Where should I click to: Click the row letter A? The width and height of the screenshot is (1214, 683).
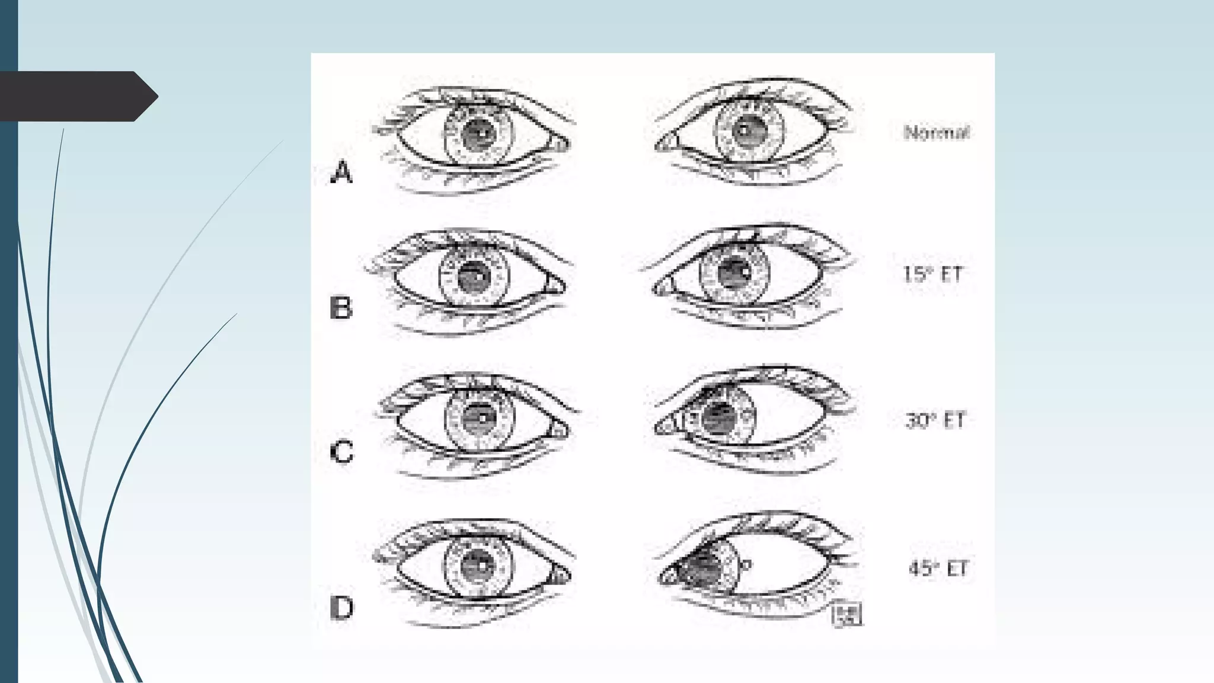point(341,173)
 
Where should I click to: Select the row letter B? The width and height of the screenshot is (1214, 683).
point(341,308)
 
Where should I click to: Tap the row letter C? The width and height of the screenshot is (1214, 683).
point(341,452)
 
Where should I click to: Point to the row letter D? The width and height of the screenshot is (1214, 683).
point(341,608)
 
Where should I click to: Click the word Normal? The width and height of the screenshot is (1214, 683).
point(937,132)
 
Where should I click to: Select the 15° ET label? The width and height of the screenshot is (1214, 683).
point(932,274)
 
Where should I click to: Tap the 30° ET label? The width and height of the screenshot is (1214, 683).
point(935,420)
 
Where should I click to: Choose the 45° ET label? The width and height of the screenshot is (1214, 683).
point(938,569)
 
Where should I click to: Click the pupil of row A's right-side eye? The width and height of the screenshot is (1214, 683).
point(747,131)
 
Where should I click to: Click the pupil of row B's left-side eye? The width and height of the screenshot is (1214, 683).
point(474,276)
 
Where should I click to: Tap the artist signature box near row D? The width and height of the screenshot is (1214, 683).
point(847,614)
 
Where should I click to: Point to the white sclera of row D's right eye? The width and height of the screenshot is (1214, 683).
point(788,566)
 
